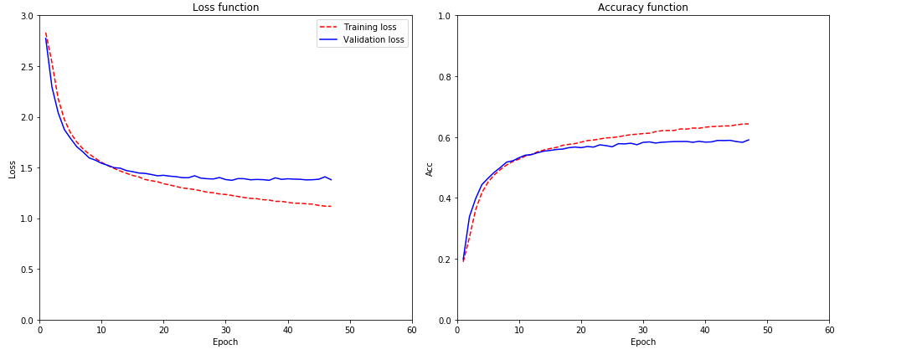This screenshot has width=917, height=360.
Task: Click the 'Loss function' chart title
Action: (x=225, y=8)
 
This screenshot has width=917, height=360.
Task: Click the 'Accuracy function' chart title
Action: (x=642, y=8)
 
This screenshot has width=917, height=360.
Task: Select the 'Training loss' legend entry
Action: (x=369, y=27)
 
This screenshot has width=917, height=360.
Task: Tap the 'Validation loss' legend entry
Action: (x=373, y=39)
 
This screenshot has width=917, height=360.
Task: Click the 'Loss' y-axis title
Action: (x=12, y=168)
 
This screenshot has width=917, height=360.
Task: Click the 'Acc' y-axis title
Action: (x=430, y=168)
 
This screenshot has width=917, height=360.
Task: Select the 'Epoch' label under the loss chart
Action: (x=225, y=342)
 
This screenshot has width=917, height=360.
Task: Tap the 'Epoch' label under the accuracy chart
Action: (x=642, y=342)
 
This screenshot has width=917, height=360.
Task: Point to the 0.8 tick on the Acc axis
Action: (x=444, y=77)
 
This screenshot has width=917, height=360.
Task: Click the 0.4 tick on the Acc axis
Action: (x=444, y=198)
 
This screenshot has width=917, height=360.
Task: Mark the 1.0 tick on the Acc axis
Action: (x=444, y=16)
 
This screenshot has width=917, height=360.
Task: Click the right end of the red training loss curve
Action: (x=331, y=206)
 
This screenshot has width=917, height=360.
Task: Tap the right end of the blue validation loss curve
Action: (x=331, y=180)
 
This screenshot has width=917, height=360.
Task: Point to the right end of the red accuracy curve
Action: (x=748, y=124)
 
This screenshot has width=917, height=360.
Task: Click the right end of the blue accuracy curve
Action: (x=748, y=140)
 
